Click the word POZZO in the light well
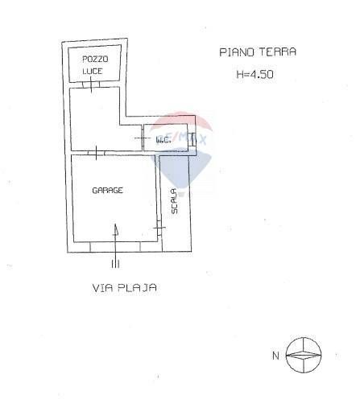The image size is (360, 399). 95,59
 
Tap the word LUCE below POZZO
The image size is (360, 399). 93,71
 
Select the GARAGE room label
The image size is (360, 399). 107,191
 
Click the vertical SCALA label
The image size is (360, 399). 174,201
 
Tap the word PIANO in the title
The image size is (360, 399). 237,52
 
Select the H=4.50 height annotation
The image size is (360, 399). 254,74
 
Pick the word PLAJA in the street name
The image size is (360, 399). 137,288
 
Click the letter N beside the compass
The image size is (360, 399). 275,356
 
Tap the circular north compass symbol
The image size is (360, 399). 304,355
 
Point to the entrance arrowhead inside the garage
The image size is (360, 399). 116,230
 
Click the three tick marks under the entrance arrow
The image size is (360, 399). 115,265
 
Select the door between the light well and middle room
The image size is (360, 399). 91,84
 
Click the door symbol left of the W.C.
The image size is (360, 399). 143,138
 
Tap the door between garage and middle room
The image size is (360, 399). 97,153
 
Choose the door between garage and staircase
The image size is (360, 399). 159,228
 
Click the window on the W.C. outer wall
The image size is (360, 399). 192,139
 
